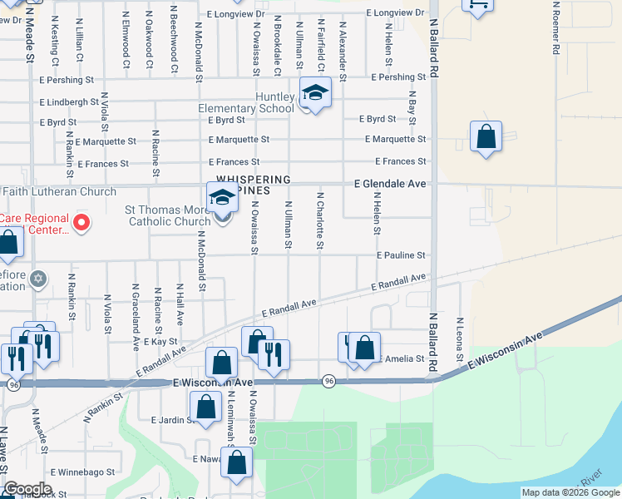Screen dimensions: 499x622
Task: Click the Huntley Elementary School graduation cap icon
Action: pos(315,93)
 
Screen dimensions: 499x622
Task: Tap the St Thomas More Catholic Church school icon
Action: pos(222,199)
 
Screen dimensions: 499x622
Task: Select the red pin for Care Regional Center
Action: pos(81,222)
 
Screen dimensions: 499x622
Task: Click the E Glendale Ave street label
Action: pos(390,183)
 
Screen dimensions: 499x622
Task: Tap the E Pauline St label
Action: pos(401,255)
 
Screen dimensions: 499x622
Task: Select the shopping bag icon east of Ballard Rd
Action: pos(486,137)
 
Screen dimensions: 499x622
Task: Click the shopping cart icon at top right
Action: pos(478,6)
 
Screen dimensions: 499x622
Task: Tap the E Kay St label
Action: pos(160,342)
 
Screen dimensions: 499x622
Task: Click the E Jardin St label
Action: pos(171,420)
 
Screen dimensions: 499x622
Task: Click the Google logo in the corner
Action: pos(27,488)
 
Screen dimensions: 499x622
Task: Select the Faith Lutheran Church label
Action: pos(59,192)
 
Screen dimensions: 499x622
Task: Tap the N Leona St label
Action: pos(459,340)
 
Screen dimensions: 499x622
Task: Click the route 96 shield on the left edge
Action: pos(13,385)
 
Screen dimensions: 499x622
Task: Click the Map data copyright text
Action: pos(570,492)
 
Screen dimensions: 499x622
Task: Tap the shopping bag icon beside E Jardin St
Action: pos(205,408)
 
